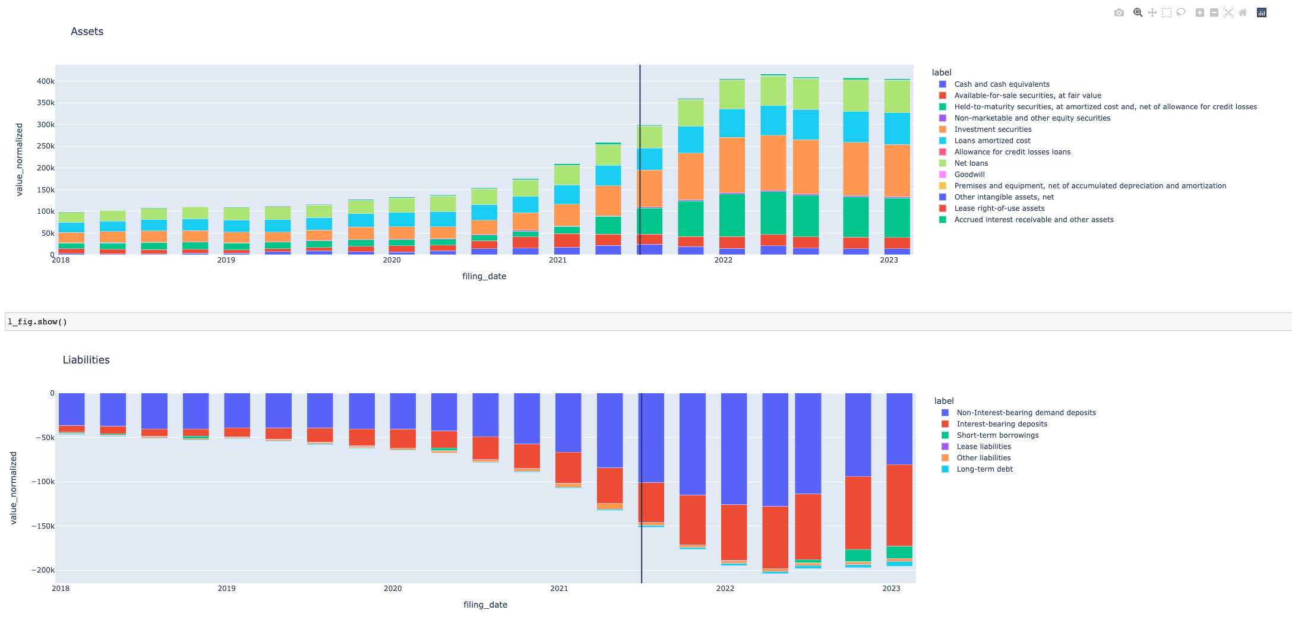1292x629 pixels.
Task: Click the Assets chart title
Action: [87, 31]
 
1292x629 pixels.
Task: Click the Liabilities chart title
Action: [86, 360]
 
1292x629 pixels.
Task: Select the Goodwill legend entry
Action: [969, 175]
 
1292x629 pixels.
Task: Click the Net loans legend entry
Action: [971, 163]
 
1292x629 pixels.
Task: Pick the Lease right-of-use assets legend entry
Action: [999, 208]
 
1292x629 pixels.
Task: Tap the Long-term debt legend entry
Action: [984, 469]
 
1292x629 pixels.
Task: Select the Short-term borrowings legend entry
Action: [997, 435]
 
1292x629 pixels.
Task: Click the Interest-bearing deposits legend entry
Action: [1002, 424]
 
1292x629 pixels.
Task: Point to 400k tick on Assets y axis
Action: [46, 81]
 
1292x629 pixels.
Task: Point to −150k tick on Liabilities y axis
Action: [43, 526]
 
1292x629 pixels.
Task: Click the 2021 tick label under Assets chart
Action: [557, 260]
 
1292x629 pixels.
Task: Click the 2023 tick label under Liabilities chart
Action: [891, 589]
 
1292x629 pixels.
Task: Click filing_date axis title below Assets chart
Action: [484, 276]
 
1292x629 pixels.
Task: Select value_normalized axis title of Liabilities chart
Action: [14, 488]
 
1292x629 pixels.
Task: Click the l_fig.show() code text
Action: [37, 322]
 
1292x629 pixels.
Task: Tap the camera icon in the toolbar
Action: [1119, 12]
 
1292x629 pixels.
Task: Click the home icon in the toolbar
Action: [1243, 12]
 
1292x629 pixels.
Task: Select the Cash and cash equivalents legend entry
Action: [1002, 84]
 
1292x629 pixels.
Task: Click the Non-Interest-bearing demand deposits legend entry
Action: [1026, 413]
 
